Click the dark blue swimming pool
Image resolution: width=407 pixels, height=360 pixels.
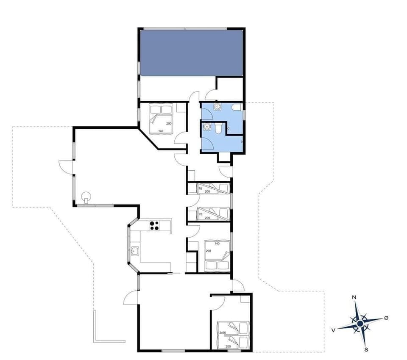click(x=191, y=53)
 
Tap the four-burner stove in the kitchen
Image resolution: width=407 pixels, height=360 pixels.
click(x=154, y=226)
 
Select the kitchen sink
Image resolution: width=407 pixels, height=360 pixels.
click(x=135, y=251)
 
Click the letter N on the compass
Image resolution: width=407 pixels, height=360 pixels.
click(x=354, y=298)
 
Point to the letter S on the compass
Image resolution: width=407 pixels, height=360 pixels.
click(x=365, y=349)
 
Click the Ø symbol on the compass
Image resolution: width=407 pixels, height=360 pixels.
click(x=386, y=318)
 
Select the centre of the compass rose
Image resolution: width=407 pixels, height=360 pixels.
click(x=360, y=324)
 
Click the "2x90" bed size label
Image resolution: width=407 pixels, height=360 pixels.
click(x=223, y=333)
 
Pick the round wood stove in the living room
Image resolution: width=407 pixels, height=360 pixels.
click(x=86, y=197)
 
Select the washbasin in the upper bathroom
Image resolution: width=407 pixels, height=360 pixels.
click(x=217, y=107)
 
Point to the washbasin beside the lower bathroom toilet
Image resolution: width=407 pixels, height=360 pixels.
click(x=207, y=127)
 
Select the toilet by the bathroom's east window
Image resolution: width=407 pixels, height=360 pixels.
click(x=237, y=107)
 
